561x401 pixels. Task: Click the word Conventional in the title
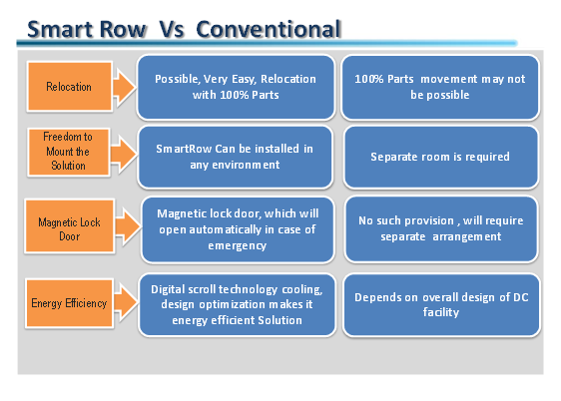point(269,29)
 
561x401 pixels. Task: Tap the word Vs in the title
point(172,29)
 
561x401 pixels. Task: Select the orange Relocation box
point(70,87)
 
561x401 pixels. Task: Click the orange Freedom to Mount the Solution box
point(68,152)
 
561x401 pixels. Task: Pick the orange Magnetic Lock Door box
point(70,226)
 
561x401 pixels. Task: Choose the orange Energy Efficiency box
point(70,303)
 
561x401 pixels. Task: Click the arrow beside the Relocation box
point(125,88)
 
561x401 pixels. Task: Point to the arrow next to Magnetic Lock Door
point(128,226)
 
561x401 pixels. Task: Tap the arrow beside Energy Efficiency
point(126,302)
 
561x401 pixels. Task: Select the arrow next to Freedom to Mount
point(124,154)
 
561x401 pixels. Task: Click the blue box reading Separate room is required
point(441,157)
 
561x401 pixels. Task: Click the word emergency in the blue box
point(238,246)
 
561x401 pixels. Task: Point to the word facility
point(441,312)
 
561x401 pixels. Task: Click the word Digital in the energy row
point(168,290)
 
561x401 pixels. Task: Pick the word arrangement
point(467,237)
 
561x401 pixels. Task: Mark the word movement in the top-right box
point(449,79)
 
